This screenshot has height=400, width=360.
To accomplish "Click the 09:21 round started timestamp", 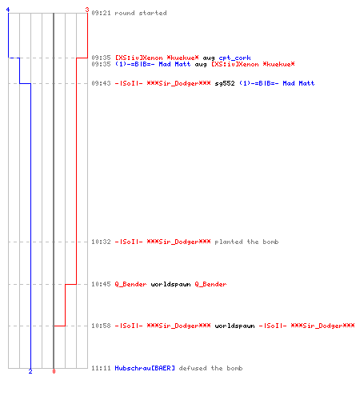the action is tap(101, 13).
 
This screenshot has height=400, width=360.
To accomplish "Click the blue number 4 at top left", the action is tap(8, 10).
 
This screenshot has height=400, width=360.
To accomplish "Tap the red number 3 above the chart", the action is tap(87, 10).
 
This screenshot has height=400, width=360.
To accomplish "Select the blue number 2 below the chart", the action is tap(30, 371).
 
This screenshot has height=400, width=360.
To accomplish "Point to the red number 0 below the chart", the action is tap(54, 371).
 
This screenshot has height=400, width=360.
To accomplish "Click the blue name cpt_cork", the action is tap(234, 58).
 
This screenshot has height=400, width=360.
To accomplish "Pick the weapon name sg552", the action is tap(225, 83).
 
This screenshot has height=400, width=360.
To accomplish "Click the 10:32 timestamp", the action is tap(101, 242).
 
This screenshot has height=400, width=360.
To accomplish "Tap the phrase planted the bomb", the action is tap(246, 242).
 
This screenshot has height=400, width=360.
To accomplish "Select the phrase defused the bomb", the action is tap(210, 368).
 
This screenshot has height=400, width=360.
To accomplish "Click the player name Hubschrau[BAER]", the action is tap(145, 368).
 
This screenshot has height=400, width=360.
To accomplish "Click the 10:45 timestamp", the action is tap(101, 284).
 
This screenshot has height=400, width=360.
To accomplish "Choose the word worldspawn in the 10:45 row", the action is tap(170, 284).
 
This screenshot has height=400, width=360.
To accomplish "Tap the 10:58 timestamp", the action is tap(101, 326).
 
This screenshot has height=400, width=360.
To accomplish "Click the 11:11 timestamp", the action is tap(101, 368).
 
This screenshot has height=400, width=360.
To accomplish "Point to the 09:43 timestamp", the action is tap(101, 83).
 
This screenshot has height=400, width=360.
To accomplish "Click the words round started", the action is tap(141, 13).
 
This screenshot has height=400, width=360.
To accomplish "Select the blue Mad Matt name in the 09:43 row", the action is tap(298, 83).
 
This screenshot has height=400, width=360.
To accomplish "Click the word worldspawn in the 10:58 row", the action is tap(234, 326).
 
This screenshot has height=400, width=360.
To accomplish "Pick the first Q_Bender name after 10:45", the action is tap(130, 284).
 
